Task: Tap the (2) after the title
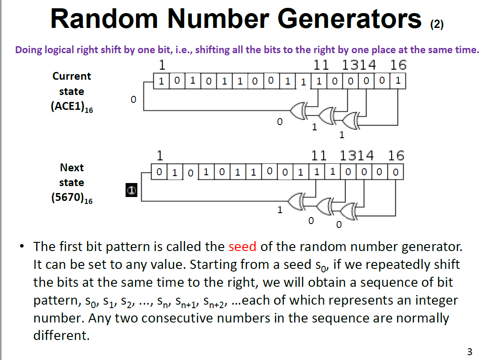pyautogui.click(x=437, y=24)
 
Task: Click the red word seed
pyautogui.click(x=242, y=247)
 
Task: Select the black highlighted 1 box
pyautogui.click(x=132, y=190)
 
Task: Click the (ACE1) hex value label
pyautogui.click(x=72, y=107)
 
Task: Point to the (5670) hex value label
pyautogui.click(x=72, y=198)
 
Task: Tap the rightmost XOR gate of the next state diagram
pyautogui.click(x=349, y=211)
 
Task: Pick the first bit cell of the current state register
pyautogui.click(x=161, y=81)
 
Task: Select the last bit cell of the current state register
pyautogui.click(x=398, y=81)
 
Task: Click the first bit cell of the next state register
pyautogui.click(x=159, y=172)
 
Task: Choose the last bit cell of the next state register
pyautogui.click(x=395, y=172)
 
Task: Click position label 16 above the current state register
pyautogui.click(x=398, y=65)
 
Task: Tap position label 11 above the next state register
pyautogui.click(x=319, y=156)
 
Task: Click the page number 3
pyautogui.click(x=470, y=352)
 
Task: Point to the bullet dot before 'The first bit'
pyautogui.click(x=22, y=247)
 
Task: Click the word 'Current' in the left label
pyautogui.click(x=72, y=76)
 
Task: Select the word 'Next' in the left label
pyautogui.click(x=72, y=167)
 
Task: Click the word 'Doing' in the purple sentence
pyautogui.click(x=29, y=50)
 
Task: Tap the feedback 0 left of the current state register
pyautogui.click(x=133, y=100)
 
